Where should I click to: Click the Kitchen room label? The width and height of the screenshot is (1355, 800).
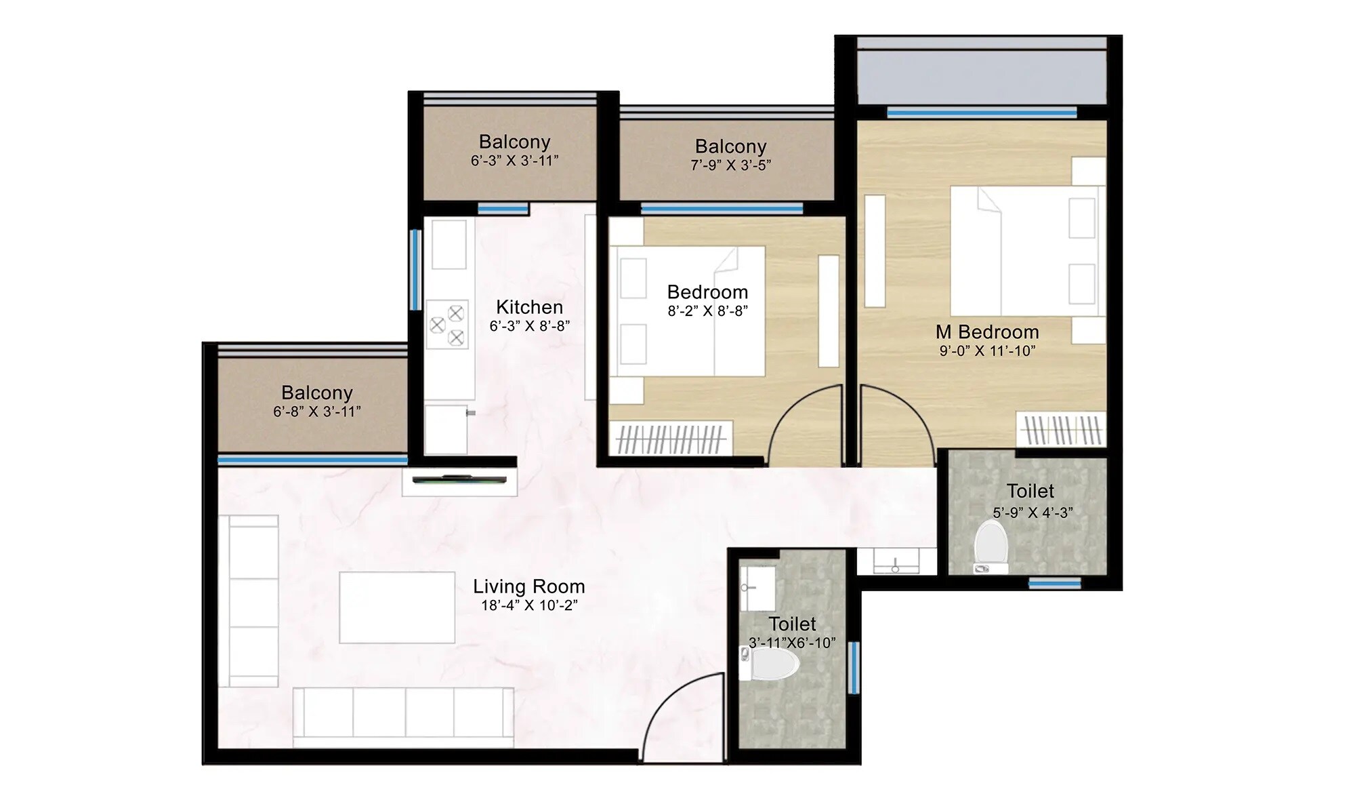pos(529,307)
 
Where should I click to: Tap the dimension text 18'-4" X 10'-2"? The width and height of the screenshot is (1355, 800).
pos(529,605)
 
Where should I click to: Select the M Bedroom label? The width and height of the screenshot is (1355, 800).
pos(987,332)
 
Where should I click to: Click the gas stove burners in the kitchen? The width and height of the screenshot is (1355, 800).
pos(447,325)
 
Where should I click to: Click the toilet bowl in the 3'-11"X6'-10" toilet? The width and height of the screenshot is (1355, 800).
pos(772,663)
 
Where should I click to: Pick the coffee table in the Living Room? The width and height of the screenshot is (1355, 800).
pos(397,607)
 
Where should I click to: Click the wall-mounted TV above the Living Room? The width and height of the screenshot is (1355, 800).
pos(459,479)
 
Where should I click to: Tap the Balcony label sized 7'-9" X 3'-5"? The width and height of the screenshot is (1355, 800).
pos(730,146)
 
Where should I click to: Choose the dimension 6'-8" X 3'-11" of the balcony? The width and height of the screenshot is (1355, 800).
pos(316,412)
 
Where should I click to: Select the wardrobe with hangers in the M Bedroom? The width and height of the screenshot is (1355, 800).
pos(1061,430)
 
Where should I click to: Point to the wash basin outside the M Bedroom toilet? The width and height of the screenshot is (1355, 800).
pos(896,561)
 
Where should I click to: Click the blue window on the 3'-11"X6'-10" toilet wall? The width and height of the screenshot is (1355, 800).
pos(854,668)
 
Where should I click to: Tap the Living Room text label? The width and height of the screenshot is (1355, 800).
pos(529,586)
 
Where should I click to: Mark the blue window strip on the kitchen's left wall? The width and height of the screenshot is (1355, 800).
pos(415,270)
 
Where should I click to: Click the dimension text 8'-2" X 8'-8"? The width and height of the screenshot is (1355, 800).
pos(707,311)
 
